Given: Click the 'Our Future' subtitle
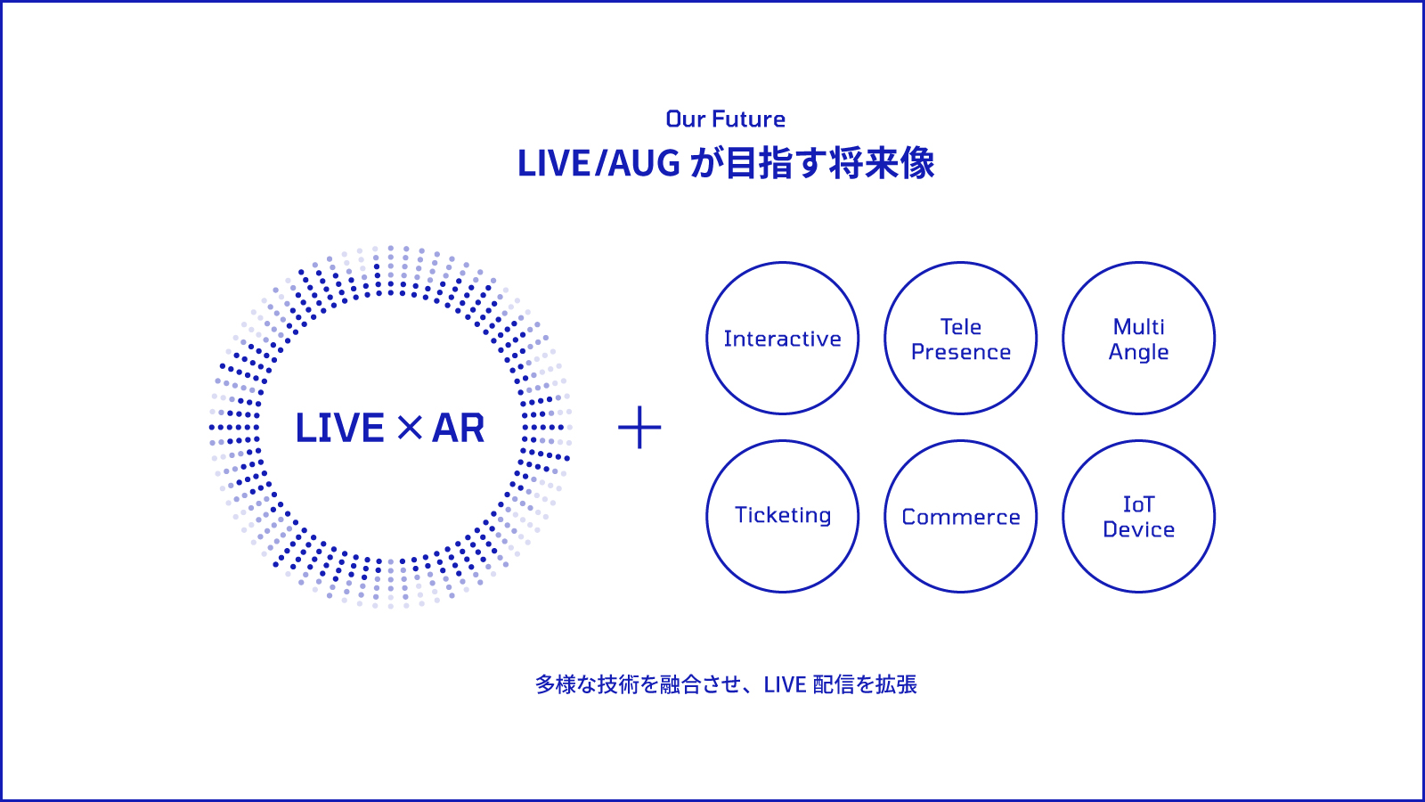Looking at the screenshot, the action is click(x=725, y=119).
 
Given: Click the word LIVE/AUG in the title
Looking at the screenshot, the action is click(x=599, y=163).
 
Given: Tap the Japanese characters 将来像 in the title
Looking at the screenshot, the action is click(x=882, y=163).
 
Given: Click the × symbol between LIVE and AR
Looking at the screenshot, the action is click(x=409, y=428).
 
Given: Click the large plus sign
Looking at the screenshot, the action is click(x=639, y=427).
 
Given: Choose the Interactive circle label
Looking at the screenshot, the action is click(x=783, y=339).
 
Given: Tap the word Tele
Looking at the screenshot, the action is click(x=961, y=326).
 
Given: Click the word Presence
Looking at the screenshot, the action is click(x=961, y=352).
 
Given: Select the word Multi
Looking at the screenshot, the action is click(x=1139, y=326).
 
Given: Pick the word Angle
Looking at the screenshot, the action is click(x=1139, y=353).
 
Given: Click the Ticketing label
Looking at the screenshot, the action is click(x=783, y=516).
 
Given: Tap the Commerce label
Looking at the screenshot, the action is click(x=961, y=517).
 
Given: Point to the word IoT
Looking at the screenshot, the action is click(x=1139, y=504).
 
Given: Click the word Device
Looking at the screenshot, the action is click(x=1139, y=529).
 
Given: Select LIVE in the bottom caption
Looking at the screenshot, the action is click(x=785, y=685).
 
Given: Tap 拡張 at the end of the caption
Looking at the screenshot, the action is click(x=896, y=685).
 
